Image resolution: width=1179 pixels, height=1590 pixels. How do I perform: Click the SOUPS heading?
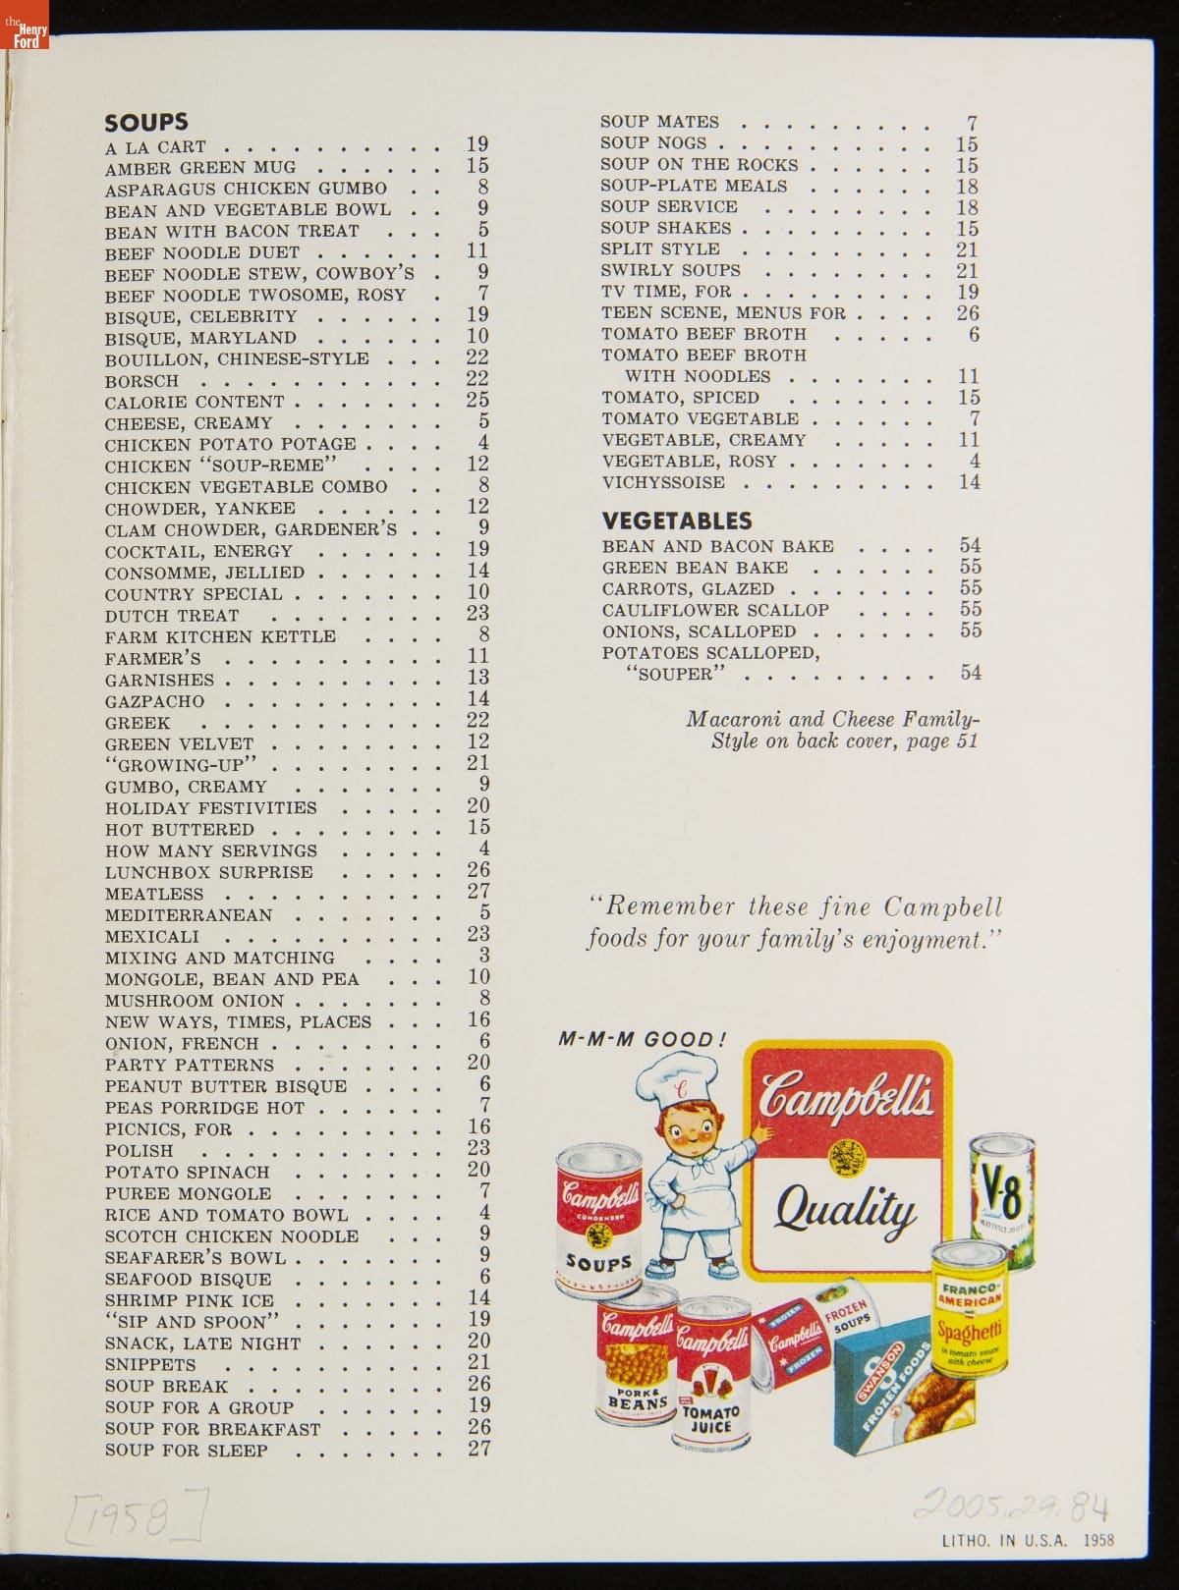[x=146, y=122]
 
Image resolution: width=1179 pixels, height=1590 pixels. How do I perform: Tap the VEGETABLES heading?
[x=677, y=521]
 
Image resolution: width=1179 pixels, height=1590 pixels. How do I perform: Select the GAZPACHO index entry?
[x=155, y=701]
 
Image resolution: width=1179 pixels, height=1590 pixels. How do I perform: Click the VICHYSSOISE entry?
[x=663, y=482]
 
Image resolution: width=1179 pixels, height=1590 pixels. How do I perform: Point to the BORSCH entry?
[x=142, y=381]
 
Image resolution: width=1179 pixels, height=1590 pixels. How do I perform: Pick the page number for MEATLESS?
[x=478, y=892]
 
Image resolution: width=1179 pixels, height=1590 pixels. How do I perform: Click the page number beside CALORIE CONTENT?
[x=477, y=401]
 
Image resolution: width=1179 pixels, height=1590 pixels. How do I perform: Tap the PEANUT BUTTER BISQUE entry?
[x=226, y=1086]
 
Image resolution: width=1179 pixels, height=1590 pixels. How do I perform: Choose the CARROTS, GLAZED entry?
[x=688, y=589]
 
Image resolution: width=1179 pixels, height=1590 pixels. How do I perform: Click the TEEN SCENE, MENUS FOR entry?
[x=723, y=313]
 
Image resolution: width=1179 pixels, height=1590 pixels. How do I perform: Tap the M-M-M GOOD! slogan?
[x=642, y=1040]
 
